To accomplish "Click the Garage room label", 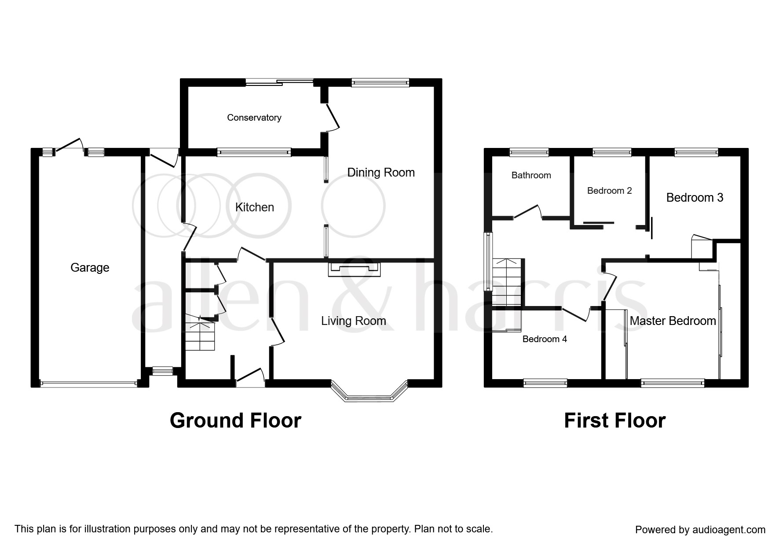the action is coord(90,268).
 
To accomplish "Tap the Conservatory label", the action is coord(254,118).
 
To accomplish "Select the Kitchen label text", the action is coord(255,207).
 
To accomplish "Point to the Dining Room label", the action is coord(381,173).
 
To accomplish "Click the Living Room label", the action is coord(354,321).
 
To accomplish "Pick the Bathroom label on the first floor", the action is coord(531,175).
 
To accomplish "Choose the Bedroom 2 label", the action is coord(610,191).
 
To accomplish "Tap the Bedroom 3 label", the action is coord(695,198).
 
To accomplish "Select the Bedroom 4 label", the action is coord(545,339).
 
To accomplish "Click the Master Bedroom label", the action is coord(673,321).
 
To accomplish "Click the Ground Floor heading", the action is coord(235,421).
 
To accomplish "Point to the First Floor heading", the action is coord(615,421).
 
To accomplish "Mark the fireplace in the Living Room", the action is coord(354,269).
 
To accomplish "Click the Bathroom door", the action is coord(528,212).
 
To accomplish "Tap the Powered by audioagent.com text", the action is coord(700,530).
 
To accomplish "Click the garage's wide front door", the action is coord(88,384).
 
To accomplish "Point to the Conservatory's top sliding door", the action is coord(279,81).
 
